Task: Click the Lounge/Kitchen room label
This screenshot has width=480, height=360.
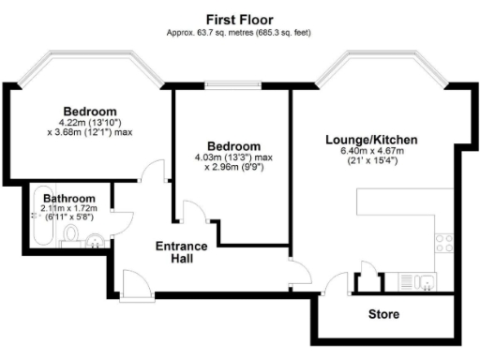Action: coord(371,140)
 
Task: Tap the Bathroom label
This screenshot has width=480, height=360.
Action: coord(69,199)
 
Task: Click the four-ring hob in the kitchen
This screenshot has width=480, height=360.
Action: coord(443,243)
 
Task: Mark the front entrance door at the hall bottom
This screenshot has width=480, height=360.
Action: coord(134,285)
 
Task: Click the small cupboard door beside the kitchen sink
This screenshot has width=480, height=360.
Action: coord(369,280)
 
